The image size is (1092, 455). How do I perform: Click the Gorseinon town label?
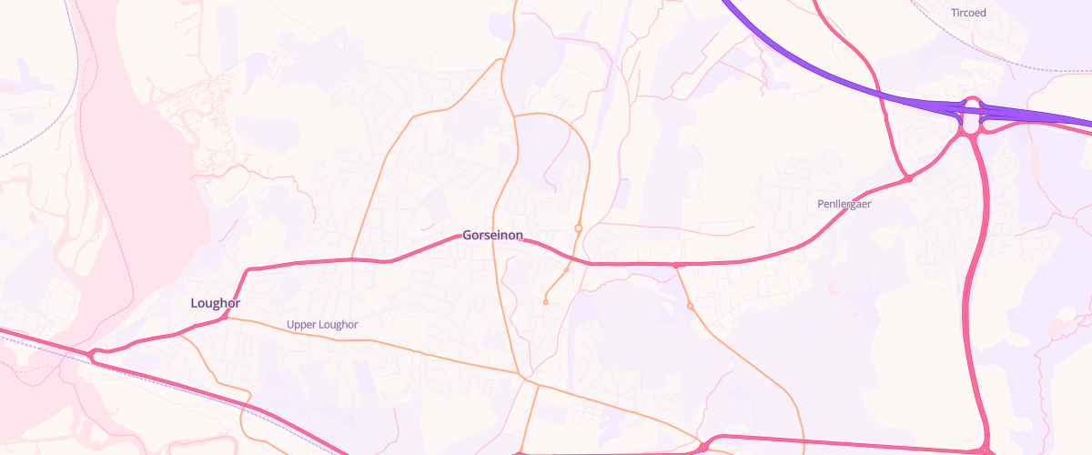point(492,236)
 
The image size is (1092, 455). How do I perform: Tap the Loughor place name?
point(216,303)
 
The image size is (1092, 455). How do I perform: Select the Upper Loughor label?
point(322,325)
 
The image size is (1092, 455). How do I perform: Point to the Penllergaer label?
point(844,205)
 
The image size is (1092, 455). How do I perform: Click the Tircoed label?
point(967,13)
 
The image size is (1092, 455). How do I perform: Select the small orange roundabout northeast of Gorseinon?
point(578,227)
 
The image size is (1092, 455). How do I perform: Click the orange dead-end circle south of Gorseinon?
point(545,302)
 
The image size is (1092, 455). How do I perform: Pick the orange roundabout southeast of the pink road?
point(691,306)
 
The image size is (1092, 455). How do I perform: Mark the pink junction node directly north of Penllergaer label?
point(908,178)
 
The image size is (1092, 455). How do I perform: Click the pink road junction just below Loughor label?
point(225,317)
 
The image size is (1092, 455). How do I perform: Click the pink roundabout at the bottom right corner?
point(986,450)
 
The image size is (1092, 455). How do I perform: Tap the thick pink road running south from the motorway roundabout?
point(981,273)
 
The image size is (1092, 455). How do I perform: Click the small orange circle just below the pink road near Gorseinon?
point(566,270)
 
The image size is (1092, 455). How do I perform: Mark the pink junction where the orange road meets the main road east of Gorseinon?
point(676,265)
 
